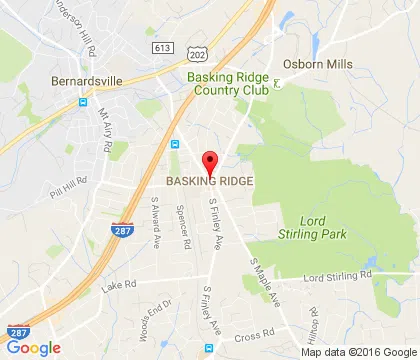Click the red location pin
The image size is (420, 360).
click(x=210, y=161)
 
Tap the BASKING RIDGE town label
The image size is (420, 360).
click(x=210, y=182)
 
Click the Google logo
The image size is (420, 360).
click(x=33, y=347)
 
